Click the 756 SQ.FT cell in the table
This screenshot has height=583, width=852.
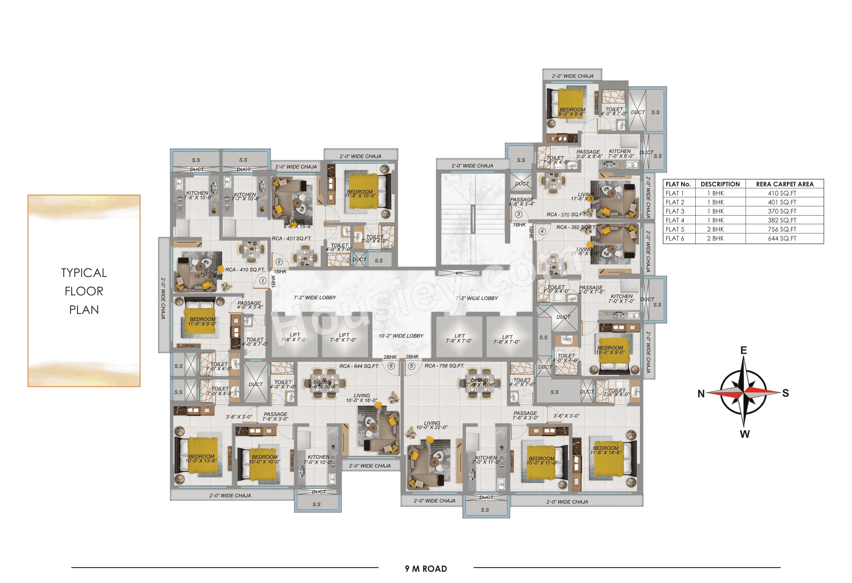(782, 229)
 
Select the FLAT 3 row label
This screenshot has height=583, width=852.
(675, 211)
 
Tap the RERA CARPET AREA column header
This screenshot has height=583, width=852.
(785, 184)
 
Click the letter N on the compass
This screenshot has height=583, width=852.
(701, 394)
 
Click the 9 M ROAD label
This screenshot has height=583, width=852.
(426, 569)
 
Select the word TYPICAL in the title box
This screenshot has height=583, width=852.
(84, 273)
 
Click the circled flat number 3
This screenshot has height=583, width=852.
(518, 214)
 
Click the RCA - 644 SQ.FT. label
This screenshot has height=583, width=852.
(359, 366)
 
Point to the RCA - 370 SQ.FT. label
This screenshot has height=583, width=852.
(566, 215)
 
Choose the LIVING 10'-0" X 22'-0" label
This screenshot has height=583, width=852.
(432, 425)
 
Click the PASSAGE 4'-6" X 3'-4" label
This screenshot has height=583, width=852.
(522, 202)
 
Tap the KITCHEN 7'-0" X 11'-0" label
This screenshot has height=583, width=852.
(486, 460)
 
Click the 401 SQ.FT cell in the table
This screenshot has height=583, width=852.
(782, 202)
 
